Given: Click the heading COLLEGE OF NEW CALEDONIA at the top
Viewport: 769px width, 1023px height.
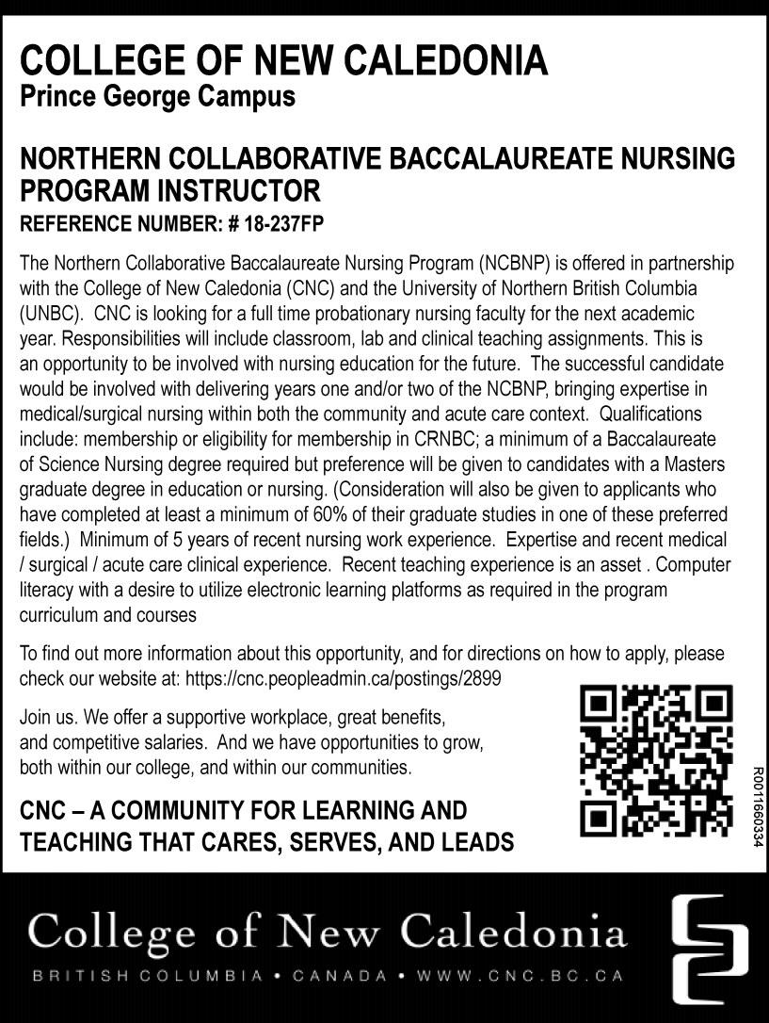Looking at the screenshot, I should tap(283, 61).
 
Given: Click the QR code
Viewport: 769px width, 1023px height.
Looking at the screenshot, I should tap(655, 761).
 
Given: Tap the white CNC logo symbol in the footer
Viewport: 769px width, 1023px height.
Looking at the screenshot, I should tap(711, 948).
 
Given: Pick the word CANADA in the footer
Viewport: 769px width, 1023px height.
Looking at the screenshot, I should tap(339, 976).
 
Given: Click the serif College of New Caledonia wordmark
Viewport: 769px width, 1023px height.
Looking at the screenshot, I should tap(328, 932).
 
